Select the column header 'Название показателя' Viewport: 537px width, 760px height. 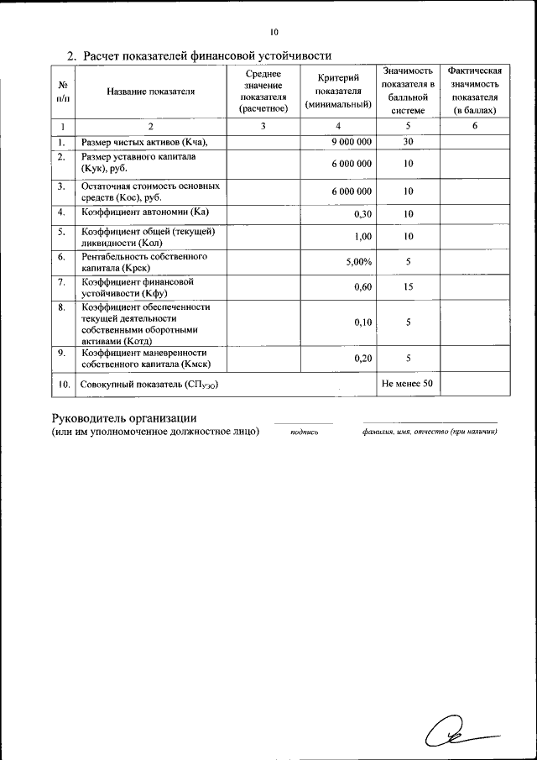pos(151,92)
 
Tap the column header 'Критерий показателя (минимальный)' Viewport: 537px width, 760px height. pos(339,92)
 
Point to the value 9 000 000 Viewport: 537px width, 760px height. pos(352,142)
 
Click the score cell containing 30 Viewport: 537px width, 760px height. pos(408,142)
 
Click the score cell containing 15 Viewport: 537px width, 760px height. pos(408,287)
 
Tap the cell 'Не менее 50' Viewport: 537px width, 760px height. pos(407,384)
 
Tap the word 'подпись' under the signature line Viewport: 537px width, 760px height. pos(304,432)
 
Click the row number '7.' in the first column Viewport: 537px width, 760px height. pos(62,282)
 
